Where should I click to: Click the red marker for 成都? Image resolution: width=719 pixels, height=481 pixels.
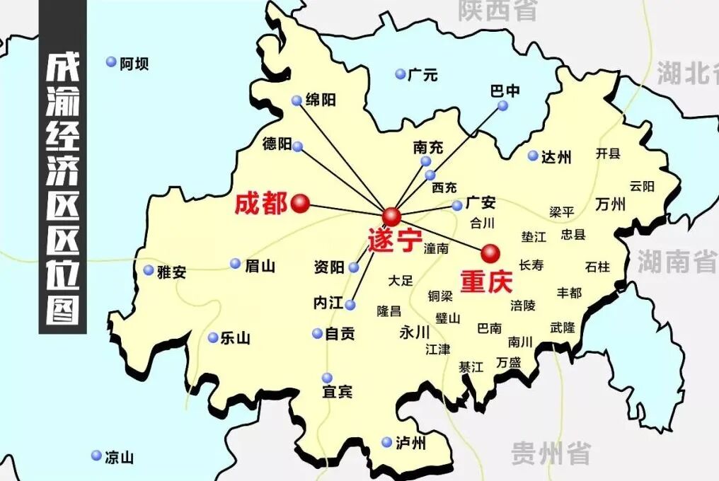(x=300, y=204)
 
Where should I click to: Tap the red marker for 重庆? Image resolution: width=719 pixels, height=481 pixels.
(x=490, y=253)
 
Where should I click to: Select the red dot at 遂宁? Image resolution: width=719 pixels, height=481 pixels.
(x=391, y=216)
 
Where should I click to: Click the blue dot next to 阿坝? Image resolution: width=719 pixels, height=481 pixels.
(x=111, y=62)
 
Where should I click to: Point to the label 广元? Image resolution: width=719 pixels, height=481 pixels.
(x=422, y=74)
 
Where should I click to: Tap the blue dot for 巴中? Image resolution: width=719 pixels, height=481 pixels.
(x=502, y=105)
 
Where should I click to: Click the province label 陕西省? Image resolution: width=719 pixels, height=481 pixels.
(x=497, y=11)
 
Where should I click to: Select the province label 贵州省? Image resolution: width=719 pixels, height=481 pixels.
(x=551, y=453)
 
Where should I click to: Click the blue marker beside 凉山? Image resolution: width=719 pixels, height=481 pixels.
(x=96, y=456)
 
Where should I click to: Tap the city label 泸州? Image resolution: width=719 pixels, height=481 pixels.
(x=411, y=444)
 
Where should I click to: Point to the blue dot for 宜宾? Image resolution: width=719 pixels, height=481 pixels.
(x=327, y=378)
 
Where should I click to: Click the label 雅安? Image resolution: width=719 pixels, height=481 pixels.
(x=171, y=271)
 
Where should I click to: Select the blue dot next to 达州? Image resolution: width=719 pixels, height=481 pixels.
(x=532, y=156)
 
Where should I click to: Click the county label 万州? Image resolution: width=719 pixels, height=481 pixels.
(x=611, y=204)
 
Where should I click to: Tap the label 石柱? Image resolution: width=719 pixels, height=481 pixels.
(x=597, y=267)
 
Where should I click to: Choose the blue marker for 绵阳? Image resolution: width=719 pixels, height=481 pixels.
(x=297, y=100)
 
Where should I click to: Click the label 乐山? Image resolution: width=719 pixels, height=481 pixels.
(x=235, y=338)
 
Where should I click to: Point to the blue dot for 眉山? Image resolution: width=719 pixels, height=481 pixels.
(x=236, y=264)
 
